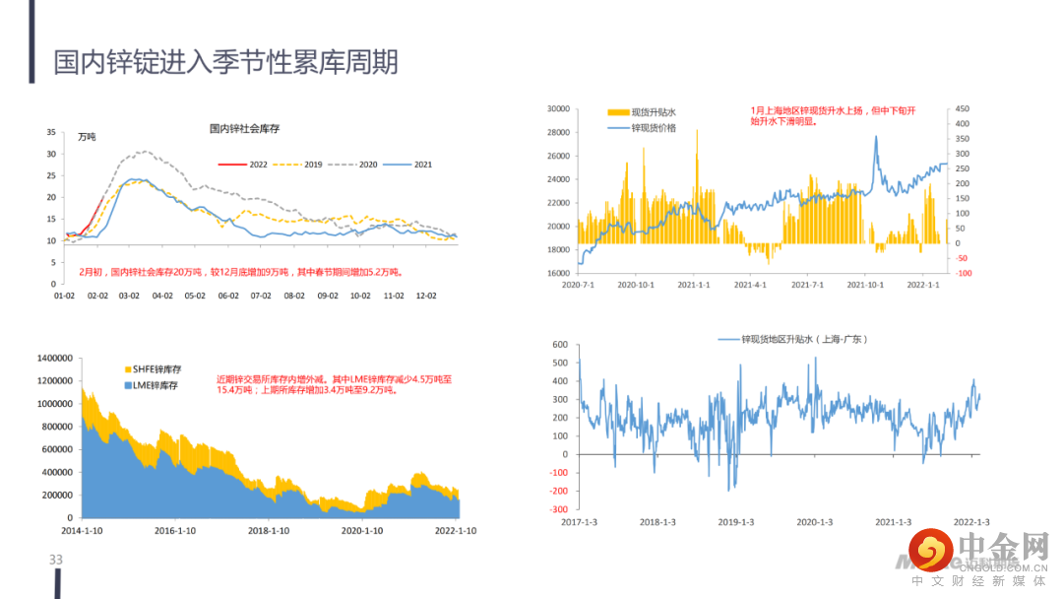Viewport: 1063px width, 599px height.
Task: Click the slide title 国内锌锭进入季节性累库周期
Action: pyautogui.click(x=226, y=63)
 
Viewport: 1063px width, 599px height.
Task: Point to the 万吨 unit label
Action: pyautogui.click(x=88, y=137)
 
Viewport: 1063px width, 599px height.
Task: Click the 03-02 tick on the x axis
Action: pyautogui.click(x=129, y=295)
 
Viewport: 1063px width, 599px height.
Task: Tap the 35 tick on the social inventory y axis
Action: pyautogui.click(x=51, y=132)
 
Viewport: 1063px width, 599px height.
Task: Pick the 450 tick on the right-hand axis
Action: pyautogui.click(x=961, y=108)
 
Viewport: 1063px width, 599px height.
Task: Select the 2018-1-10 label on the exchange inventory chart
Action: pyautogui.click(x=269, y=530)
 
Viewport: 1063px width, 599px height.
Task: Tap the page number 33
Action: pyautogui.click(x=56, y=560)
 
